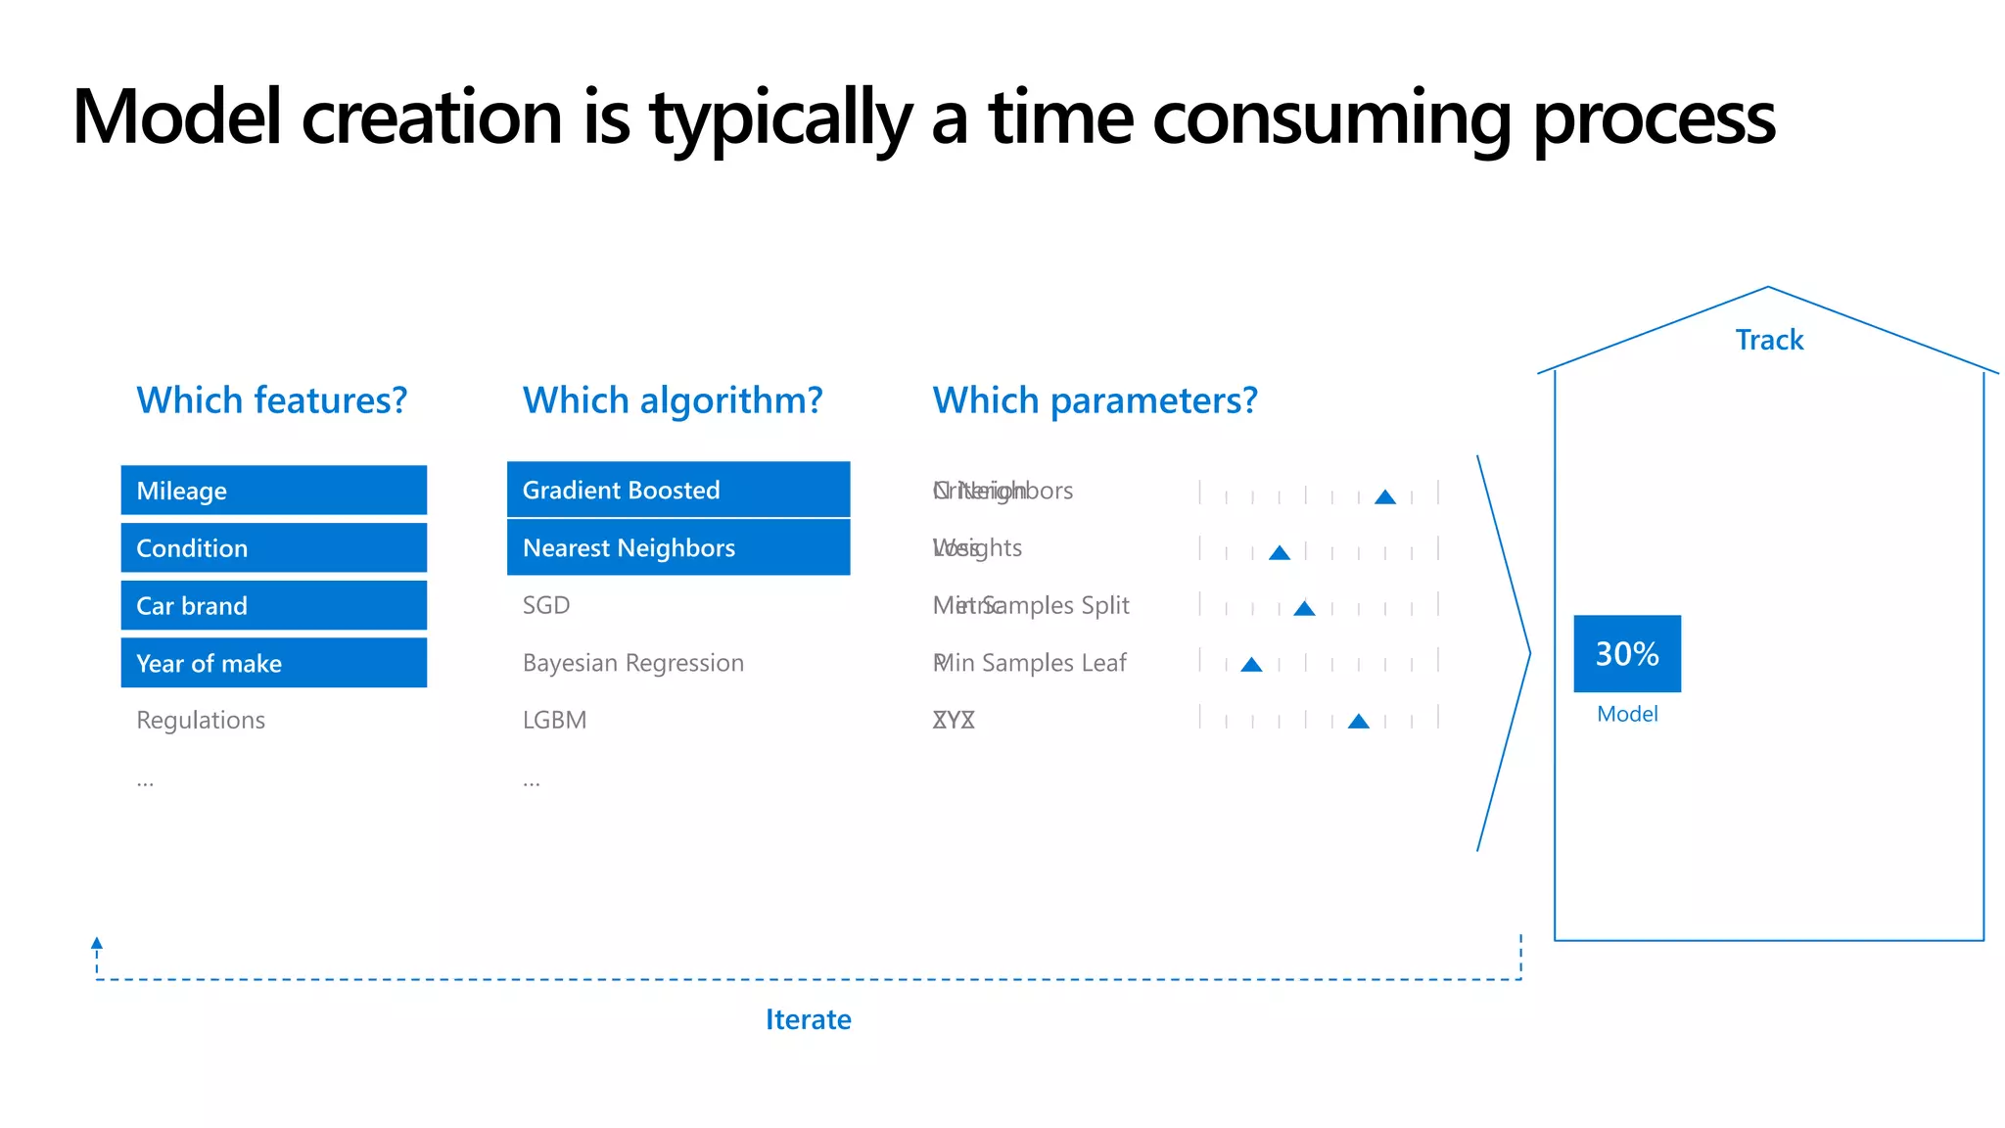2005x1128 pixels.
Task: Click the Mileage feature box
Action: (273, 490)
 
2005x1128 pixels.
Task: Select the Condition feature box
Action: (273, 547)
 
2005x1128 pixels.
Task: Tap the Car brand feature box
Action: (273, 605)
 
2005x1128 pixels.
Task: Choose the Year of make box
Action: (273, 663)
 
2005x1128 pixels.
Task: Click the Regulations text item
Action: (201, 721)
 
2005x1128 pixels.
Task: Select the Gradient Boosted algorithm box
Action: (677, 490)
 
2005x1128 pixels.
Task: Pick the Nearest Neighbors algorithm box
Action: (677, 547)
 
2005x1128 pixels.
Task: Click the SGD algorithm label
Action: (546, 605)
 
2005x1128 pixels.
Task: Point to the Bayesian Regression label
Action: (632, 663)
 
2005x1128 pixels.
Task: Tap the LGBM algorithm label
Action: (554, 721)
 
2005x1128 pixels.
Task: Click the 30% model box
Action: (1627, 653)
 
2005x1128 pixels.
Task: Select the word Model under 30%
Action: (1627, 714)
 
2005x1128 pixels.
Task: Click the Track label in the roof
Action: (1769, 340)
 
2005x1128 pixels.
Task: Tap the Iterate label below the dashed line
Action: (808, 1019)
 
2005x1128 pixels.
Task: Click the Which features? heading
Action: (271, 400)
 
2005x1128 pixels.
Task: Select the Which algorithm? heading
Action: (673, 400)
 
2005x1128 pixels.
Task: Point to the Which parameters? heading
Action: (1095, 400)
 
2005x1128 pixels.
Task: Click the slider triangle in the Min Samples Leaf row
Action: (1251, 665)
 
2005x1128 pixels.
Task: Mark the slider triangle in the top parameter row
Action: (1384, 497)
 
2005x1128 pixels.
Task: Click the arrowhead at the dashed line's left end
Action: (97, 943)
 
